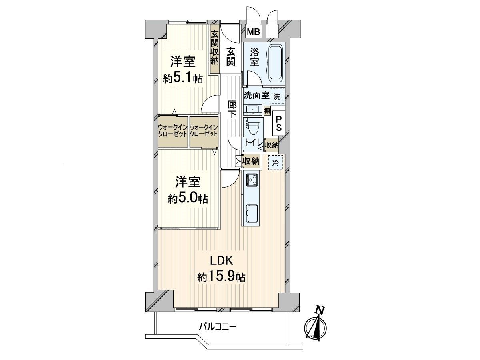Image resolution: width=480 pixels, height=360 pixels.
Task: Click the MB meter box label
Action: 253,32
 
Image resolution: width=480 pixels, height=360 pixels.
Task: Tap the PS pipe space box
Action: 278,123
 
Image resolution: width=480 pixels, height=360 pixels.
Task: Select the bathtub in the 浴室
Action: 275,64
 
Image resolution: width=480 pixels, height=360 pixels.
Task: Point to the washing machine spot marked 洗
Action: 277,96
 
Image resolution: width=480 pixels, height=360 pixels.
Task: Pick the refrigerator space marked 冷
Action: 276,162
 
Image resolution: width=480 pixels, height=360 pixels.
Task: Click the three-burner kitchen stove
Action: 252,179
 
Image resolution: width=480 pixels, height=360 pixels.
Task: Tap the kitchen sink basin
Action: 252,214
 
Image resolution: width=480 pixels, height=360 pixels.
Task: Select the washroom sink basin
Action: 253,110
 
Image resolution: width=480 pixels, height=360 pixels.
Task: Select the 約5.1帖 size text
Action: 182,78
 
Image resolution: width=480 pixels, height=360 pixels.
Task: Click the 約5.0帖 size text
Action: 188,199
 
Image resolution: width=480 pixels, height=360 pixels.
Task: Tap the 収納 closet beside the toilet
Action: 271,145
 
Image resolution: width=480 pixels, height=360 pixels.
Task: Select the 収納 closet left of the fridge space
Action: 251,162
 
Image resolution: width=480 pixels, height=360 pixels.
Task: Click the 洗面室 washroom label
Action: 256,95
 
